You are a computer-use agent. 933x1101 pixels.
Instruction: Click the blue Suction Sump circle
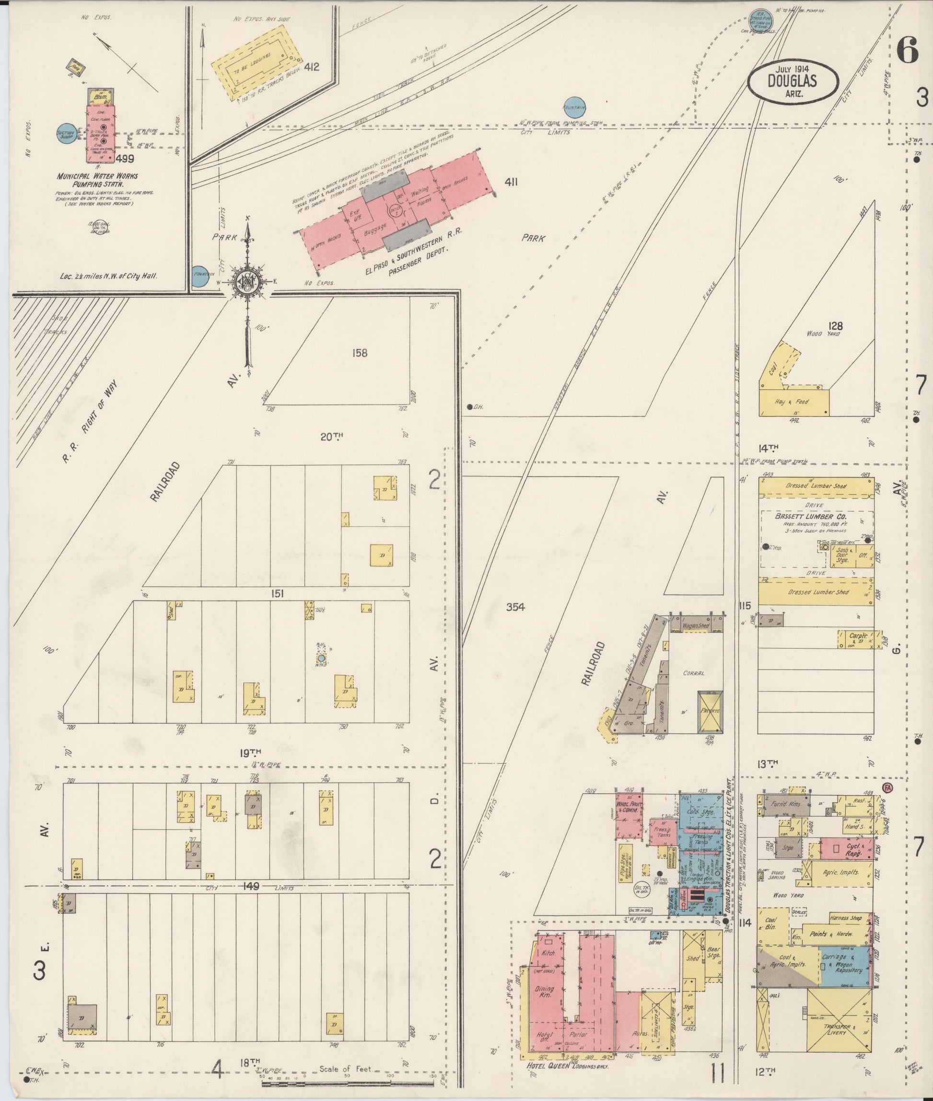coord(67,134)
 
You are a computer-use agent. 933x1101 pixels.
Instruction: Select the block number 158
coord(359,353)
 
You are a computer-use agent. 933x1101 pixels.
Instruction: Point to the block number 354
coord(514,607)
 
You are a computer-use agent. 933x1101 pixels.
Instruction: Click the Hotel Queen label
coord(548,1066)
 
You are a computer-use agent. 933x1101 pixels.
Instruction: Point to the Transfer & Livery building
coord(839,1029)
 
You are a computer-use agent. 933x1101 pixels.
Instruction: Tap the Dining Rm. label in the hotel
coord(545,992)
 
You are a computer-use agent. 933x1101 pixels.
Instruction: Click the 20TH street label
coord(332,436)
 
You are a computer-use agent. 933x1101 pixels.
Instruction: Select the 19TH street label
coord(250,752)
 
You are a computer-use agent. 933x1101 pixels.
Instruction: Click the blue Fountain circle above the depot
coord(575,106)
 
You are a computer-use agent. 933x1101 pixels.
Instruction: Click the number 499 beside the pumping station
coord(126,158)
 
